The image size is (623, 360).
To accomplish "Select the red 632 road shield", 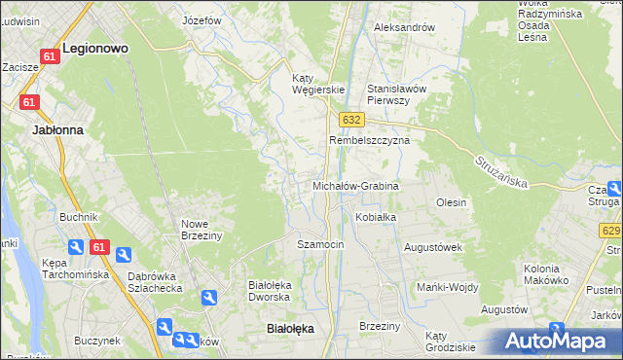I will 351,119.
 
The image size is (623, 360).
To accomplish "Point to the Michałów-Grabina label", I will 355,185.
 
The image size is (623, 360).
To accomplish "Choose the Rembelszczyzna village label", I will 370,140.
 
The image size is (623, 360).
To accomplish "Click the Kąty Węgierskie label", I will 319,84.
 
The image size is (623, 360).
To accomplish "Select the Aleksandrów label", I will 404,27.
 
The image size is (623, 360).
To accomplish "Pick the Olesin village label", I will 452,202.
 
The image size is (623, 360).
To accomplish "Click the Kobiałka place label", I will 376,217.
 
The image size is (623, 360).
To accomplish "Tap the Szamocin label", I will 320,244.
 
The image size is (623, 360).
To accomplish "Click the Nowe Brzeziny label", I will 202,229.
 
